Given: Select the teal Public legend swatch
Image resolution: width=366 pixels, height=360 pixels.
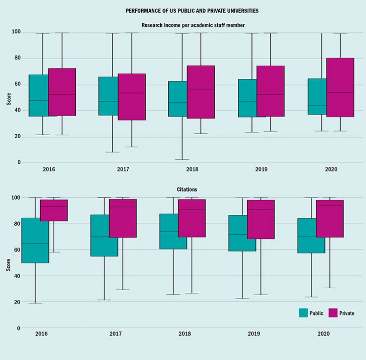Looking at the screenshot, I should pyautogui.click(x=305, y=313).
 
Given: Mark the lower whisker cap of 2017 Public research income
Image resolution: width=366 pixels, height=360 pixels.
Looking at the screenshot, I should pyautogui.click(x=112, y=152).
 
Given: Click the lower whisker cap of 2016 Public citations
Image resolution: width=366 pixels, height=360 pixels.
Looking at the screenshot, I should pyautogui.click(x=35, y=303).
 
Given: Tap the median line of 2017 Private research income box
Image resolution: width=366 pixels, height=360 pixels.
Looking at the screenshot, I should pyautogui.click(x=131, y=93).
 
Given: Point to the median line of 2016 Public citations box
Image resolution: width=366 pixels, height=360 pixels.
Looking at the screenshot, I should pyautogui.click(x=35, y=243).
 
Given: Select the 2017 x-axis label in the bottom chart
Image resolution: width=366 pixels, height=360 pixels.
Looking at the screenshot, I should pyautogui.click(x=115, y=334).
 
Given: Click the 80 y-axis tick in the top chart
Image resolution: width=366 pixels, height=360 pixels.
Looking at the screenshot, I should pyautogui.click(x=16, y=58).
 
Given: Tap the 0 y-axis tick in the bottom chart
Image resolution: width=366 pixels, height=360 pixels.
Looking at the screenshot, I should pyautogui.click(x=19, y=328).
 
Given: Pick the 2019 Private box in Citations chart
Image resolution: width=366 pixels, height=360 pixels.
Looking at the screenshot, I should pyautogui.click(x=261, y=219).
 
